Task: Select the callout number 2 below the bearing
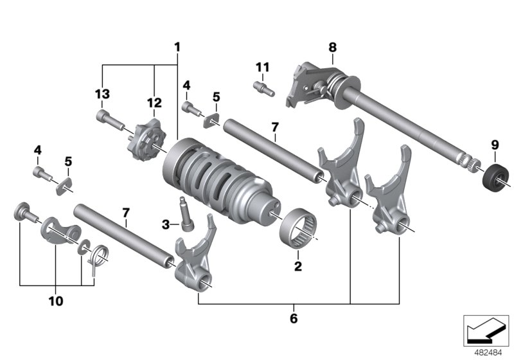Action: click(297, 265)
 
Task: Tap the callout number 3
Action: click(166, 224)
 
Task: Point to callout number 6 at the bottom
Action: click(294, 318)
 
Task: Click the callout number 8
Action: click(332, 47)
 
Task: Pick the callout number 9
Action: click(495, 146)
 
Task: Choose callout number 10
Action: click(55, 300)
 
